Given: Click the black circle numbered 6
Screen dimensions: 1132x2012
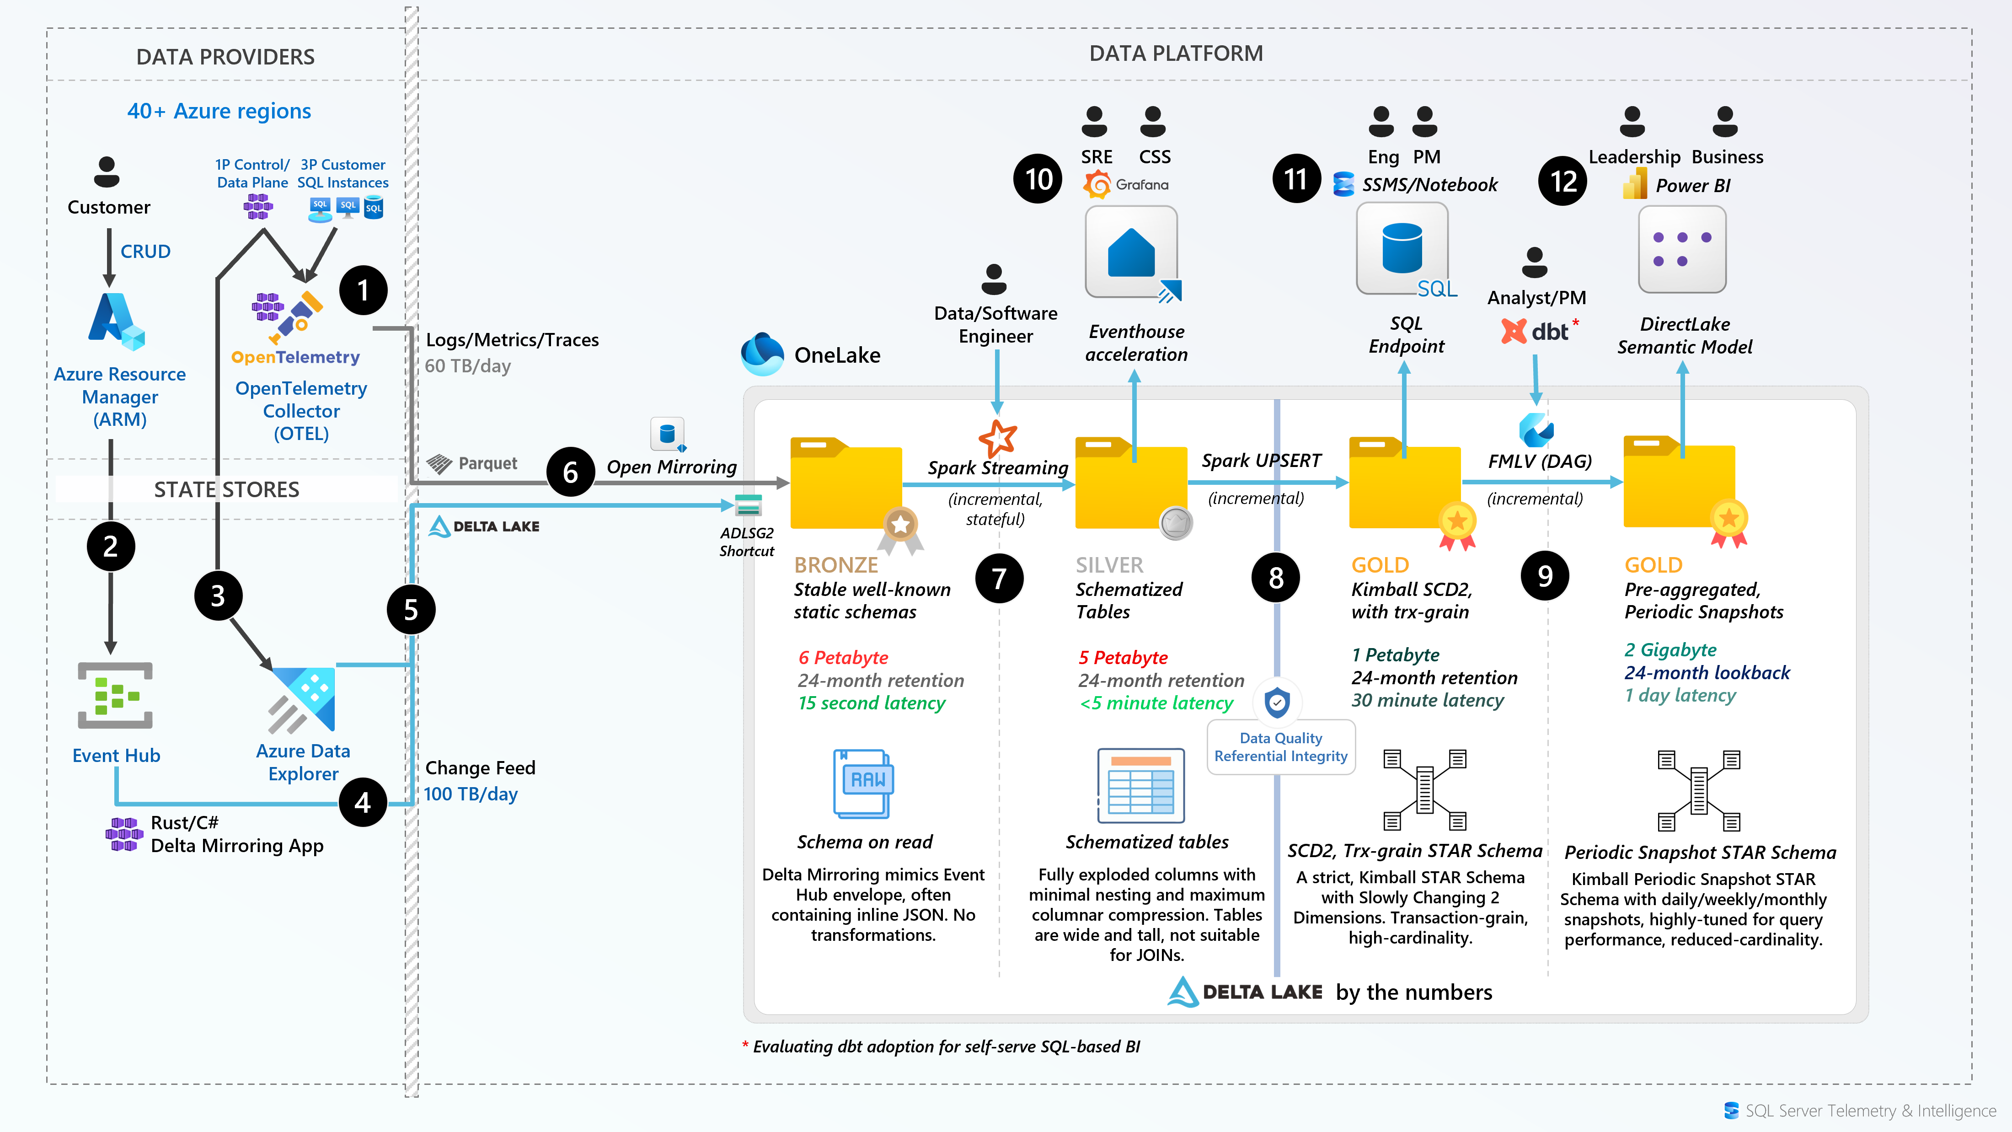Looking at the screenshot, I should (x=570, y=472).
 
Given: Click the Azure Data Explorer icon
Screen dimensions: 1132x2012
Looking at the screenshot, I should (x=303, y=699).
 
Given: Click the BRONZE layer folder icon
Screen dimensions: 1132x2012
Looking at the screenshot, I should (x=846, y=484).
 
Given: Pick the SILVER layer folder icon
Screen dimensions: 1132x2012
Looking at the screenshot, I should (x=1131, y=484).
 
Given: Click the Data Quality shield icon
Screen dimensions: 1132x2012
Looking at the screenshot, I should (x=1277, y=702).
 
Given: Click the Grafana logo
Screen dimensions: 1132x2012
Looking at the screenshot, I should (x=1097, y=185).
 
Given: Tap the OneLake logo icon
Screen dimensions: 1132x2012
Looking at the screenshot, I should (x=761, y=354).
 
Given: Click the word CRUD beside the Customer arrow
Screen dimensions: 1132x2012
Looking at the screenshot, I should (x=145, y=252).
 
